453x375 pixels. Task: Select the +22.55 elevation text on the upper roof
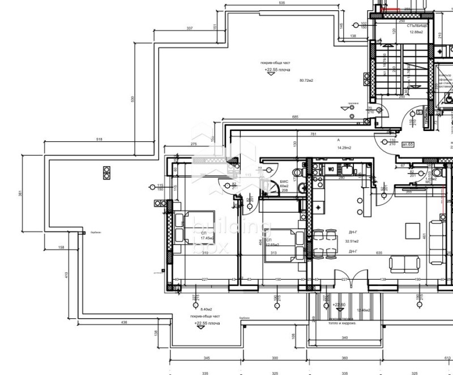pos(277,70)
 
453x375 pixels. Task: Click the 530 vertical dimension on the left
pos(133,99)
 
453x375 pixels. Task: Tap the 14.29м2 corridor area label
pos(344,148)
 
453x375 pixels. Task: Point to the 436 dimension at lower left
pos(124,322)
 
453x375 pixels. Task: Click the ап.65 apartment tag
pos(407,145)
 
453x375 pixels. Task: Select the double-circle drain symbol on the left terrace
pos(106,172)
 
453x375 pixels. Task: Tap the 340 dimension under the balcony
pos(345,338)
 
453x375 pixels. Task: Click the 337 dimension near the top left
pos(189,28)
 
